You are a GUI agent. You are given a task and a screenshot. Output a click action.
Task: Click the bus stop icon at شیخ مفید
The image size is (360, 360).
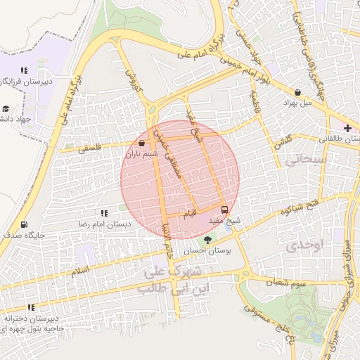225,210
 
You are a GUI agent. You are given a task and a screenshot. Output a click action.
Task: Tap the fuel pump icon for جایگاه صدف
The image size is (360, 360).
25,225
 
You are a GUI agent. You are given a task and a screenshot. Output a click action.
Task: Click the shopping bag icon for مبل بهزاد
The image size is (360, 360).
298,92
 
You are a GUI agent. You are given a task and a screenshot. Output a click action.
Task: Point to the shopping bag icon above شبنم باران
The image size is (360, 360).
143,143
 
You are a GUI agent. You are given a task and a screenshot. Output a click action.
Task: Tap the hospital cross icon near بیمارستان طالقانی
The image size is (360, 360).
347,127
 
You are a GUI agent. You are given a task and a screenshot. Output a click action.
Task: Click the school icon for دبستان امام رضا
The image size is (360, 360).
104,213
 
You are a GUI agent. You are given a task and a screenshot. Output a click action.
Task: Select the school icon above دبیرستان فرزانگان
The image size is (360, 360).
24,70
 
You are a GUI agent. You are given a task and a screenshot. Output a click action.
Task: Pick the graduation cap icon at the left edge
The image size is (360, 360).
6,108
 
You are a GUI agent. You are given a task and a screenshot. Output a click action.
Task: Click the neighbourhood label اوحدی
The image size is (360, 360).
304,245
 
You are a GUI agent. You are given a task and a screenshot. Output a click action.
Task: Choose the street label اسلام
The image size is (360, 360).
81,270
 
